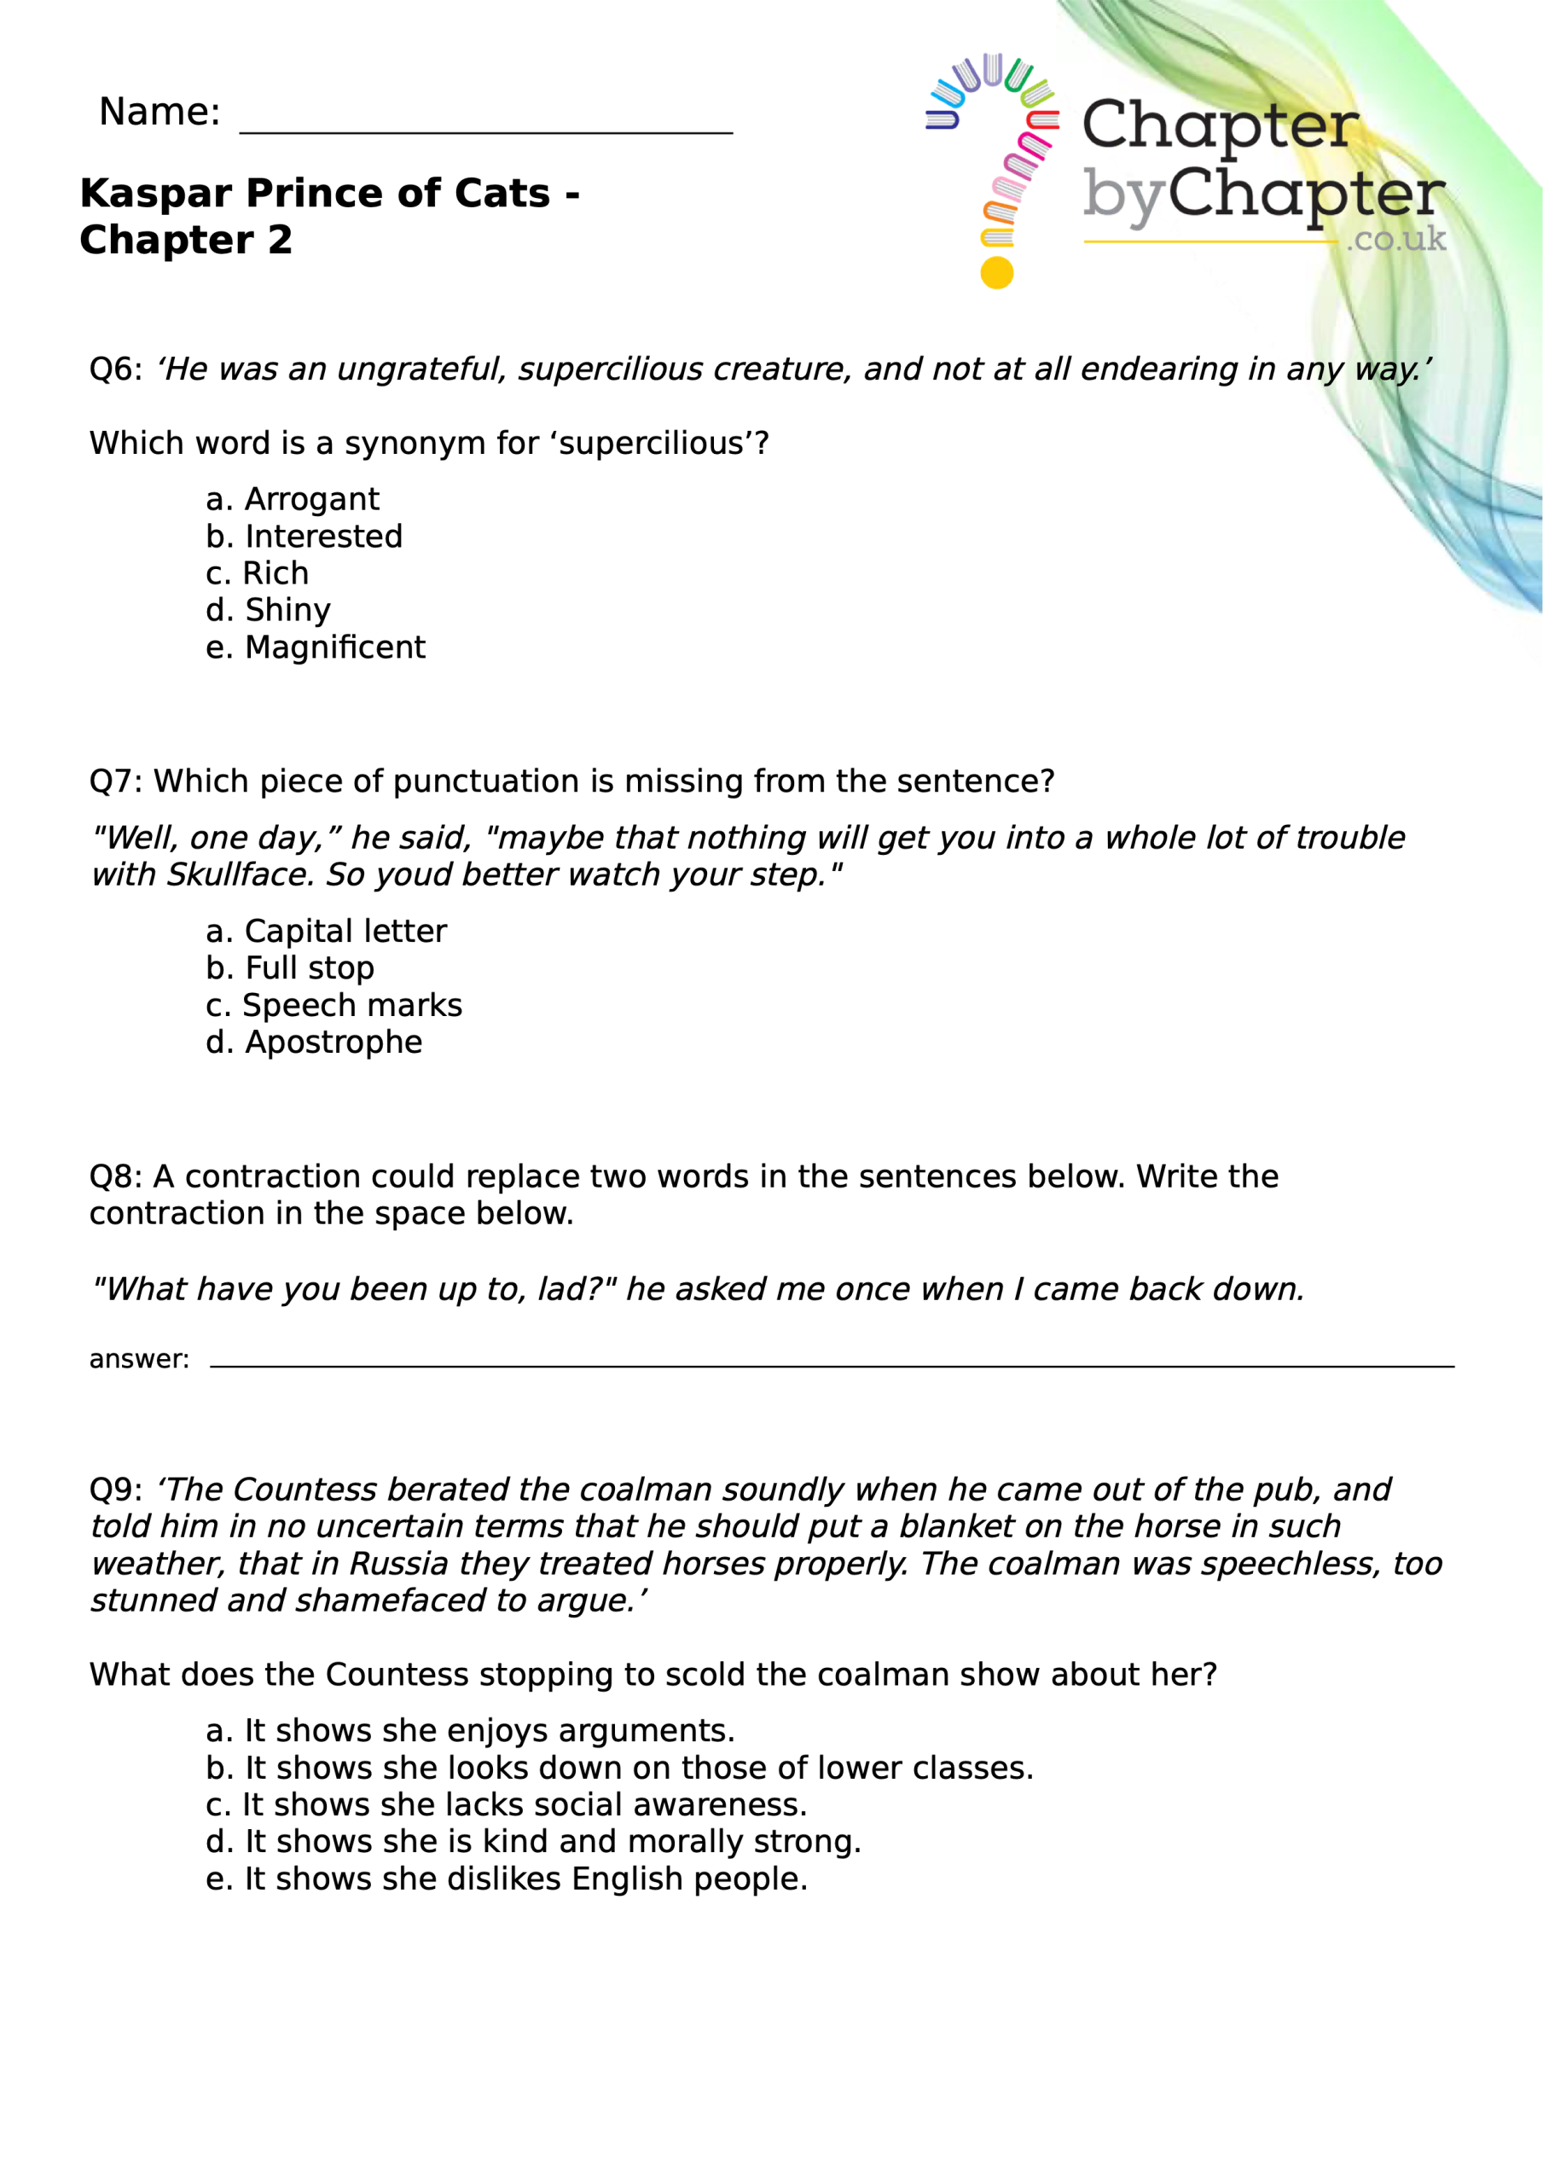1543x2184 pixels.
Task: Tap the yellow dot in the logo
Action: tap(997, 273)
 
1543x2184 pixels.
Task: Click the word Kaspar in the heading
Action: tap(156, 193)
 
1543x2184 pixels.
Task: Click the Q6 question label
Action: tap(115, 369)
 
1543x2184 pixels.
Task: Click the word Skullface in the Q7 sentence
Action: tap(240, 874)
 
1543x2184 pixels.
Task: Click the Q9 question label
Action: tap(115, 1490)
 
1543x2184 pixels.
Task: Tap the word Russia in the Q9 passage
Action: tap(398, 1564)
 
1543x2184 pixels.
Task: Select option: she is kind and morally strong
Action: tap(552, 1842)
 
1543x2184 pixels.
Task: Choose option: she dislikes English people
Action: tap(525, 1879)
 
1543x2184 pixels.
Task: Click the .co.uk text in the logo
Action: tap(1395, 239)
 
